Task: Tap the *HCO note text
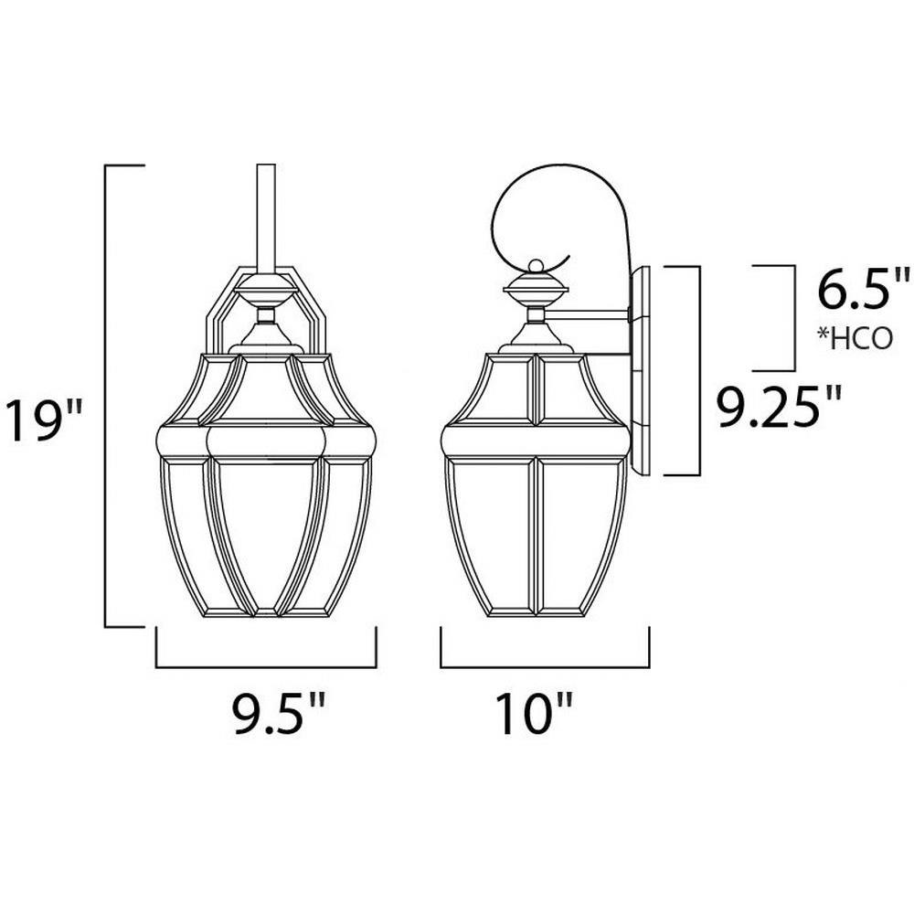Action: [855, 338]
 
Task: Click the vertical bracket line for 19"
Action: [105, 397]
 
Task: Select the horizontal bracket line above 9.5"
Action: [266, 667]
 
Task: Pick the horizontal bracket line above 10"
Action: [545, 667]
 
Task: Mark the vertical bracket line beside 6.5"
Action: [794, 318]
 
